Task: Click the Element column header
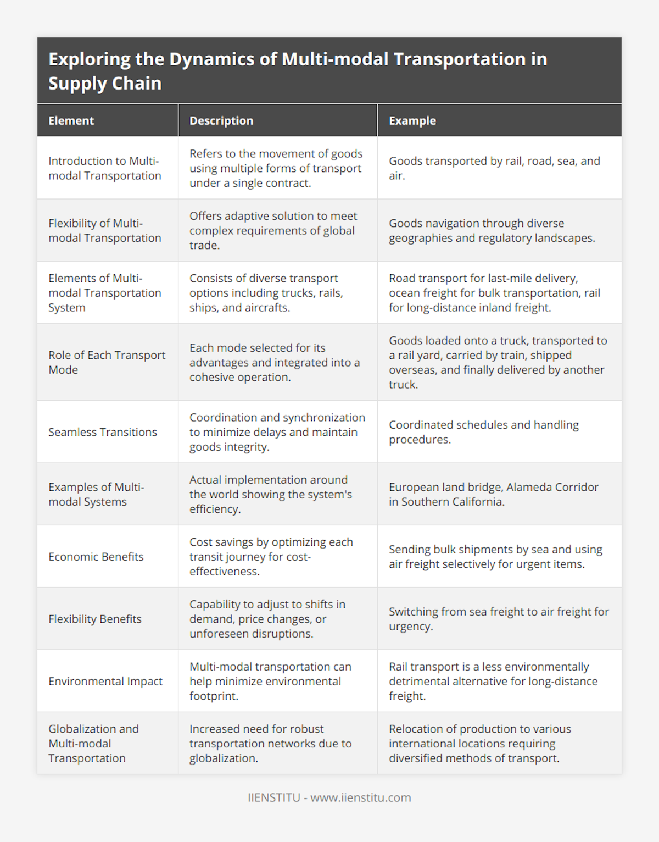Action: tap(71, 120)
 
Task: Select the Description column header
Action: tap(221, 120)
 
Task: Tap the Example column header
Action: tap(412, 120)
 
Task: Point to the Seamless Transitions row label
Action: tap(103, 432)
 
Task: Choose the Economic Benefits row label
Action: tap(96, 557)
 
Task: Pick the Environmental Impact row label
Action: tap(105, 681)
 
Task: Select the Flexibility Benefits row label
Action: tap(95, 619)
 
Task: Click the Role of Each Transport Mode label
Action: tap(107, 362)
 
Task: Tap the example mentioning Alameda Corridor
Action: tap(493, 494)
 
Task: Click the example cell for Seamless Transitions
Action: tap(483, 432)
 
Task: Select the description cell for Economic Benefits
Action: tap(271, 557)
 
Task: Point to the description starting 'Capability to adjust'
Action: tap(267, 619)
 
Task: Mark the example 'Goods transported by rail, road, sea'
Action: tap(494, 168)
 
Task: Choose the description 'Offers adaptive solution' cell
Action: tap(273, 230)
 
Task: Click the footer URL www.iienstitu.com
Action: tap(361, 797)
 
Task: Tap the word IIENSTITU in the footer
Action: tap(274, 797)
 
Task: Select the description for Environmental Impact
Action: tap(270, 681)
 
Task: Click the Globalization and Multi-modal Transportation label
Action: tap(93, 743)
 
